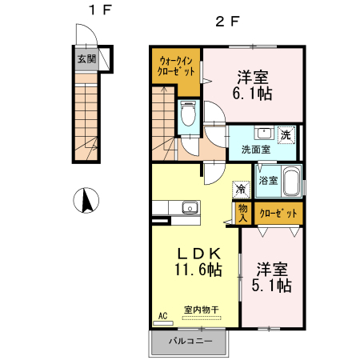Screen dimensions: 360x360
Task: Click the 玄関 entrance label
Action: point(86,58)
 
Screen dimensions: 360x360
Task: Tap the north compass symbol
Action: point(86,200)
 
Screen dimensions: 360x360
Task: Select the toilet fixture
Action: point(188,114)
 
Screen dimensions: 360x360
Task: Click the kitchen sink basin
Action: point(190,207)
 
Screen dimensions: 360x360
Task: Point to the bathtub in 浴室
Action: point(291,182)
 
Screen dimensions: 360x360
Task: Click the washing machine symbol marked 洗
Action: point(286,135)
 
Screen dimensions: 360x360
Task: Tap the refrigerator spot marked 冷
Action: point(241,190)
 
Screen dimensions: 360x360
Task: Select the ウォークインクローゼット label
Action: point(176,66)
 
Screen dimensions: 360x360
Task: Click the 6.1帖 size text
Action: point(252,94)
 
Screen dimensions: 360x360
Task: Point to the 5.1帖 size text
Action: point(271,286)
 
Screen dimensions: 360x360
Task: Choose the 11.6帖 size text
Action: point(198,270)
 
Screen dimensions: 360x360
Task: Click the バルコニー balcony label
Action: point(191,341)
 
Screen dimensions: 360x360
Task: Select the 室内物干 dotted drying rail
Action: point(202,318)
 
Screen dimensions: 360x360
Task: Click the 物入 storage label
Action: point(242,213)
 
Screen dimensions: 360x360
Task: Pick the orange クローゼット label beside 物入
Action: point(278,213)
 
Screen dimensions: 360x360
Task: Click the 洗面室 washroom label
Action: point(256,150)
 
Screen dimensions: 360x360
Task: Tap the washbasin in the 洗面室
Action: point(264,133)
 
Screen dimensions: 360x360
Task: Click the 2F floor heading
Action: point(227,22)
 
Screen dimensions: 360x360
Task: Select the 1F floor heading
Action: point(100,10)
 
